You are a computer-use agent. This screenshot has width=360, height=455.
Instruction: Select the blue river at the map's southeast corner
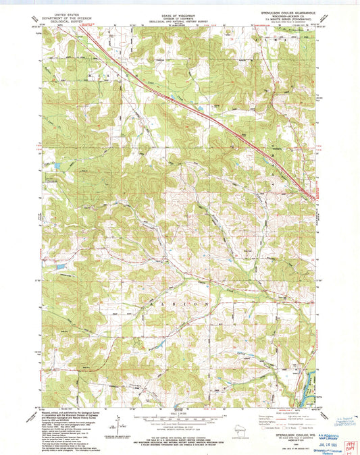coord(311,378)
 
